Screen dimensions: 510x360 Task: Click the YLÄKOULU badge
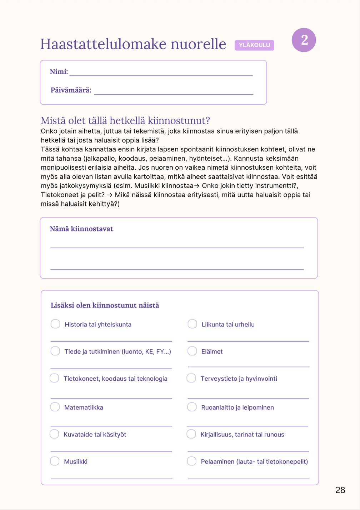(254, 45)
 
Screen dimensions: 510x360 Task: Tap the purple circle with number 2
(304, 40)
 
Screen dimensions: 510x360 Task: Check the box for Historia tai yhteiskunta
(55, 324)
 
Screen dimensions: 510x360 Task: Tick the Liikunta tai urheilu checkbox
(192, 324)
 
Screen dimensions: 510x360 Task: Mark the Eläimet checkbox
(192, 351)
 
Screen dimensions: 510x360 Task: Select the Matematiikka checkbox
(55, 407)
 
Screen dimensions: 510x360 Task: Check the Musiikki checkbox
(55, 461)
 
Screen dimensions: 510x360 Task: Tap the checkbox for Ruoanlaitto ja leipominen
(192, 407)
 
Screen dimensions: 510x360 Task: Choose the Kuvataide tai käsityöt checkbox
(54, 434)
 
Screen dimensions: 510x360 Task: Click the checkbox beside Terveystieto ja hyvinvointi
(191, 378)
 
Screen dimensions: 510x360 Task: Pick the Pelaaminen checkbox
(192, 461)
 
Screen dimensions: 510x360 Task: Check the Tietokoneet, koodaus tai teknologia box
(54, 378)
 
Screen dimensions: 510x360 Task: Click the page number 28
(340, 490)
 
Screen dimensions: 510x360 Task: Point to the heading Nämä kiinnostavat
(81, 229)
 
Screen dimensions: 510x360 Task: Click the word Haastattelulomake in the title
(103, 44)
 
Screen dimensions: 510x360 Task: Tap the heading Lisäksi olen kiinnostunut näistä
(105, 305)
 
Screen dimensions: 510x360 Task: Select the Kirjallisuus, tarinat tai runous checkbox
(191, 434)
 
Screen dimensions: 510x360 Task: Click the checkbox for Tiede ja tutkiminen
(55, 351)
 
